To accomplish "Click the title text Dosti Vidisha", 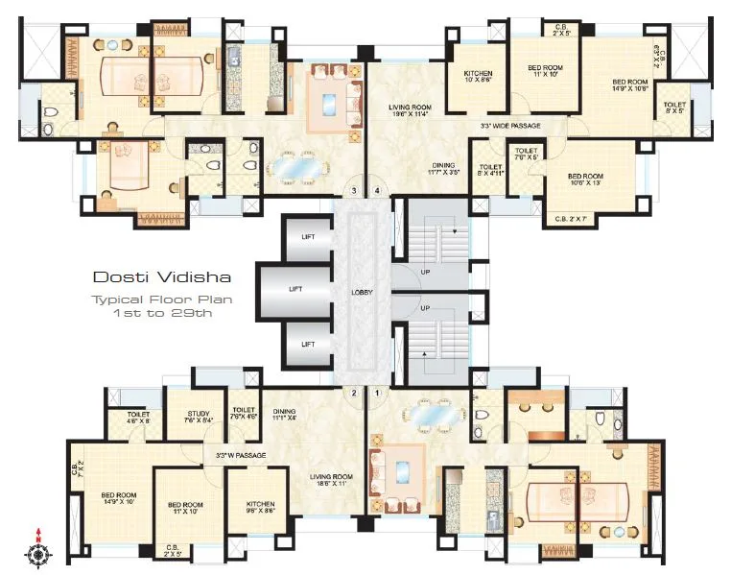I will pyautogui.click(x=161, y=277).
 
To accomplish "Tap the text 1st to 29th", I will pyautogui.click(x=162, y=313).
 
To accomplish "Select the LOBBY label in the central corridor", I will pyautogui.click(x=362, y=293).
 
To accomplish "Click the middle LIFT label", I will pyautogui.click(x=308, y=289).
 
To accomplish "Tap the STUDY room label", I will pyautogui.click(x=199, y=417).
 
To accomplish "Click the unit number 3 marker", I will pyautogui.click(x=354, y=191).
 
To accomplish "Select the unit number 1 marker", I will pyautogui.click(x=377, y=393).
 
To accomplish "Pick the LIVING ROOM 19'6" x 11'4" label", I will pyautogui.click(x=409, y=110).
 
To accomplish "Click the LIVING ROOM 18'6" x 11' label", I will pyautogui.click(x=330, y=480).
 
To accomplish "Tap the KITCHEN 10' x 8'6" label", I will pyautogui.click(x=478, y=78).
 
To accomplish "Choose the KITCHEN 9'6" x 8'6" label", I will pyautogui.click(x=260, y=508).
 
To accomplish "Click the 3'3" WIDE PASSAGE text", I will pyautogui.click(x=510, y=126).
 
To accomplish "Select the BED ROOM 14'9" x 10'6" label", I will pyautogui.click(x=630, y=86).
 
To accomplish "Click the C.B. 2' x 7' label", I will pyautogui.click(x=572, y=220).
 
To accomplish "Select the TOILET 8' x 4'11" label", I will pyautogui.click(x=490, y=170).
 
